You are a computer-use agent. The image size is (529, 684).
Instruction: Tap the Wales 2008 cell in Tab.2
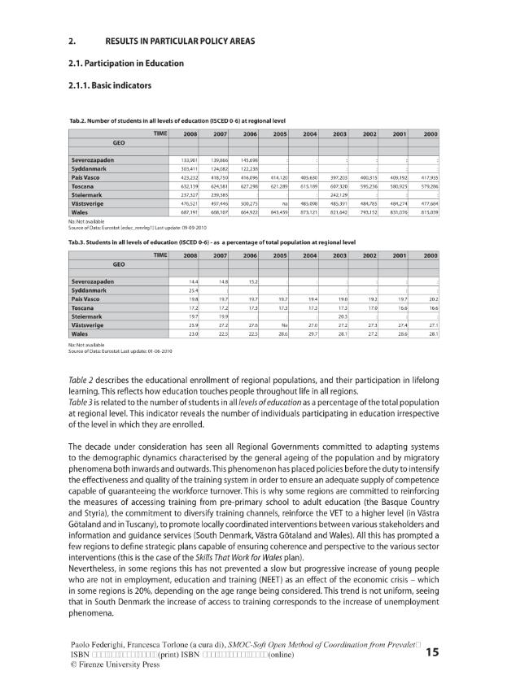pos(189,211)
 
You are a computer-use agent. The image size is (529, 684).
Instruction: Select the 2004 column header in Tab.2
pos(309,133)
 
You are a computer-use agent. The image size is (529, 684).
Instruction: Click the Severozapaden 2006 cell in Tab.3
pos(250,281)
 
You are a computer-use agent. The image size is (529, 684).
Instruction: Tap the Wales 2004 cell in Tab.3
pos(309,333)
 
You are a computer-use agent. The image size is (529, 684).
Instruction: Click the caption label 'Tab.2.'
pos(79,120)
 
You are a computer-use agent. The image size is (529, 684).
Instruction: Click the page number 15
pos(432,651)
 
